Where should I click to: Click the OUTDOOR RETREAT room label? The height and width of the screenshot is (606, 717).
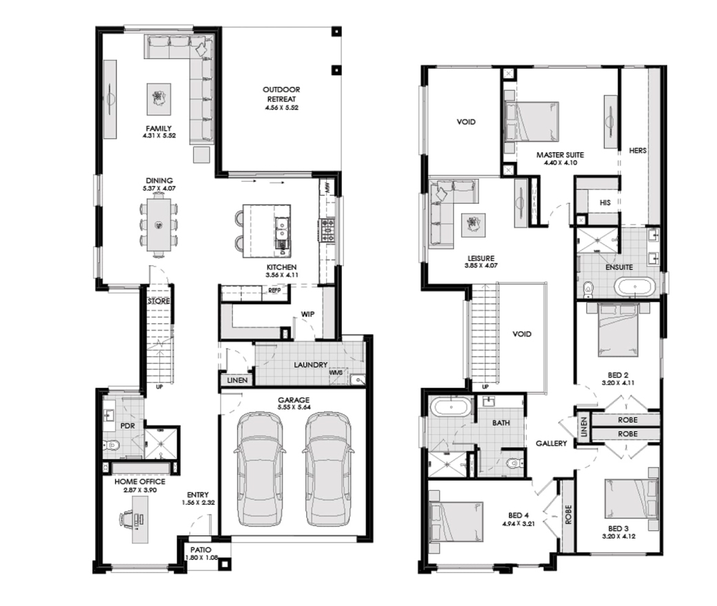pos(281,94)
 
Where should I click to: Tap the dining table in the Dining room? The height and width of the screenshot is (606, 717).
pos(159,224)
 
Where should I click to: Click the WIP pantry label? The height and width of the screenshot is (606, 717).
pos(307,314)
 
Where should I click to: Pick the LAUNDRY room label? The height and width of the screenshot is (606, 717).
pos(310,365)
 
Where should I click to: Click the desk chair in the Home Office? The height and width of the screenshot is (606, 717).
pos(127,520)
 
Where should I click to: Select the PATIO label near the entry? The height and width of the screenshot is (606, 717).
pos(201,550)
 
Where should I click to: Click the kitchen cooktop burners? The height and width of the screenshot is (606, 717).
pos(327,230)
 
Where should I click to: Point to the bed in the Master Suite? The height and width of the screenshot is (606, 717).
pos(532,121)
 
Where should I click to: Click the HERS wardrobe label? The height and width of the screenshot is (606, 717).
pos(638,150)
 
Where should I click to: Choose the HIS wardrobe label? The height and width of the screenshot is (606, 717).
pos(605,202)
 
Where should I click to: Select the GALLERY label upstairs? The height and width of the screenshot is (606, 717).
pos(552,443)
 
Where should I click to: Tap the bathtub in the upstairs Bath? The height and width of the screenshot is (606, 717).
pos(451,408)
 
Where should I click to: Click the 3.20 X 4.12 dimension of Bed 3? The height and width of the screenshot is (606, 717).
pos(618,536)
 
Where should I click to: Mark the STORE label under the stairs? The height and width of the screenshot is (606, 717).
pos(159,301)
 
